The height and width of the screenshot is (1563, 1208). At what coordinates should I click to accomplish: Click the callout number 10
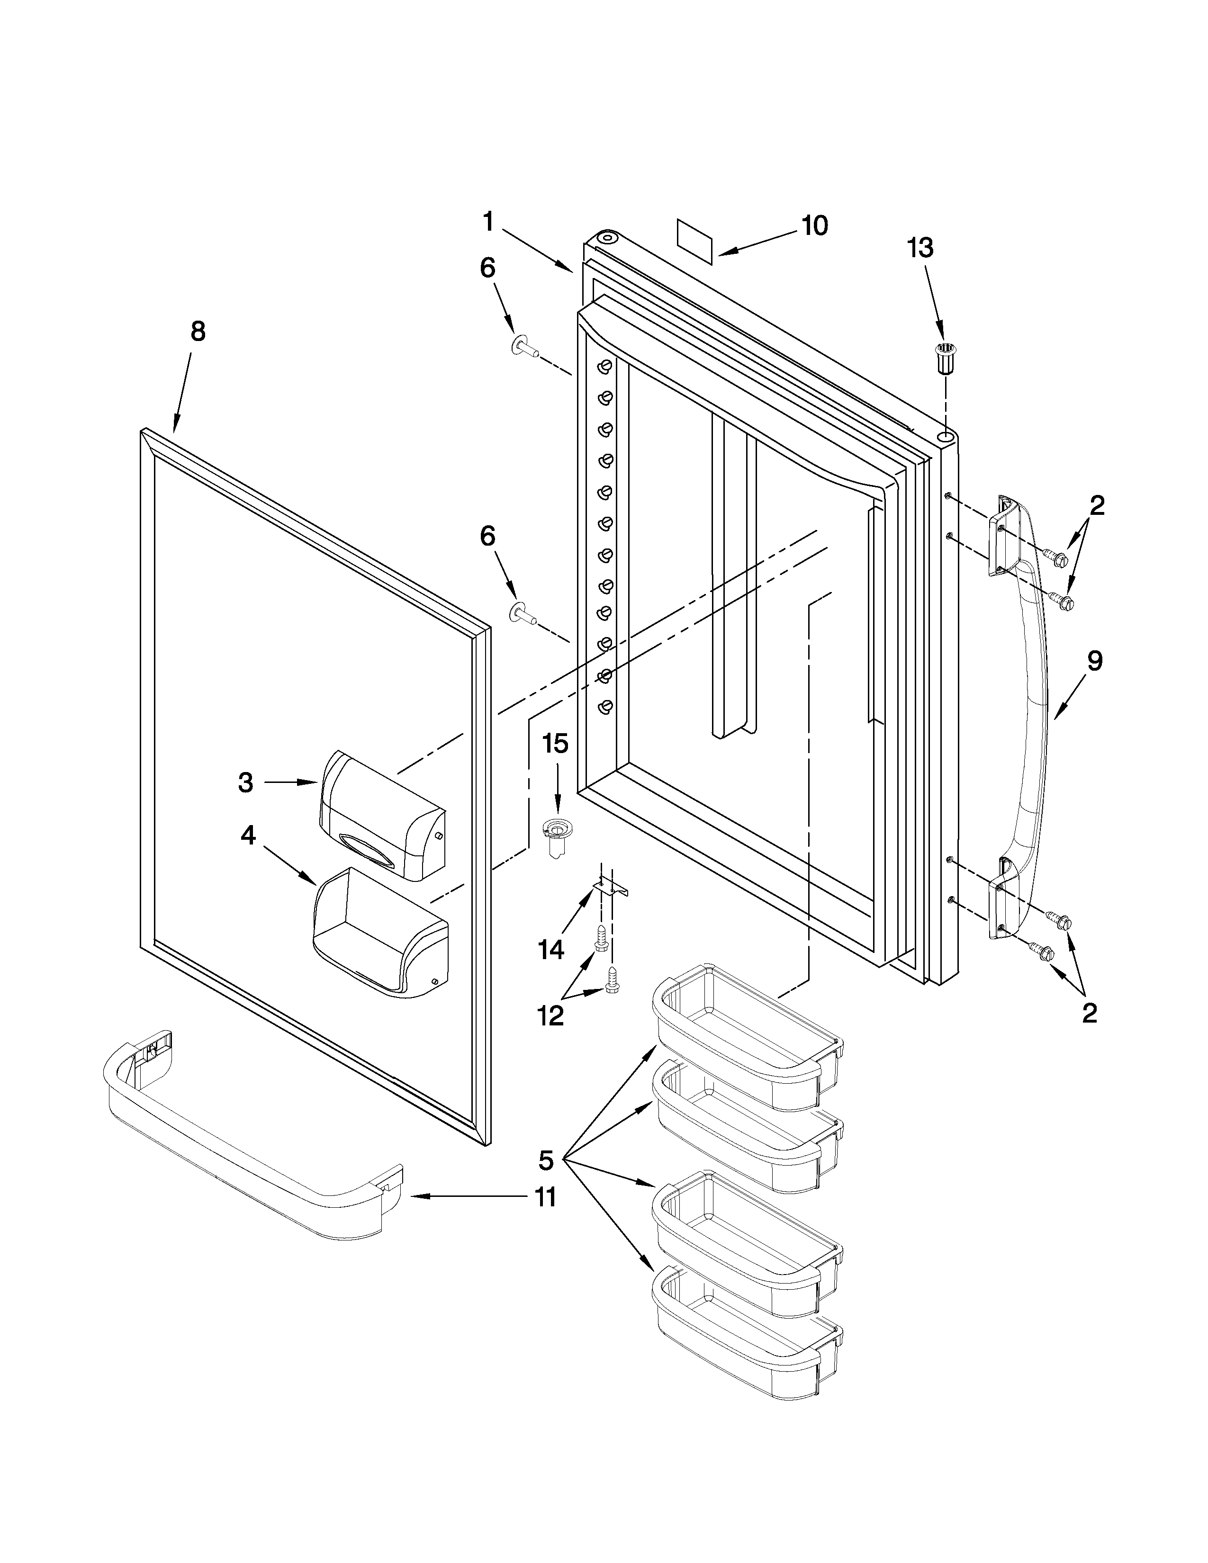[x=814, y=225]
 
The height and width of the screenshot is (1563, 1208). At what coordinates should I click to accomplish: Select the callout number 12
[x=551, y=1015]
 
